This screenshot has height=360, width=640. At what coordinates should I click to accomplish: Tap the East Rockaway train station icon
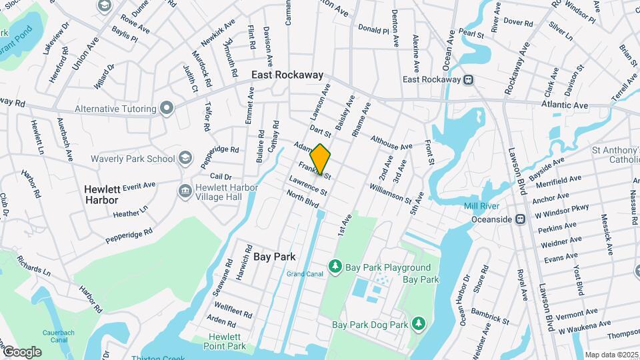coord(469,79)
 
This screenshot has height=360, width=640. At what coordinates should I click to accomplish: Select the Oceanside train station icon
coord(520,219)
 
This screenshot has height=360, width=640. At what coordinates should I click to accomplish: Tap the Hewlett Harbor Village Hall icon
coord(185,191)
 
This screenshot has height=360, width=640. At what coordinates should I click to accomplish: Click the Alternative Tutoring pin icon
coord(166,108)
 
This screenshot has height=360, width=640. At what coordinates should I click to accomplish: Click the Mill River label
coord(481,206)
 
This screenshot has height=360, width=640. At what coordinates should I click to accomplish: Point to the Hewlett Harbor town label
coord(101,194)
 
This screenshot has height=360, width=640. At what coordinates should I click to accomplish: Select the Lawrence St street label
coord(307,185)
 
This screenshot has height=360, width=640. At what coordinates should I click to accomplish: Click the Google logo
coord(21,351)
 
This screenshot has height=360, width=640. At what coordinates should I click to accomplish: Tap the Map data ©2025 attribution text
coord(610,355)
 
